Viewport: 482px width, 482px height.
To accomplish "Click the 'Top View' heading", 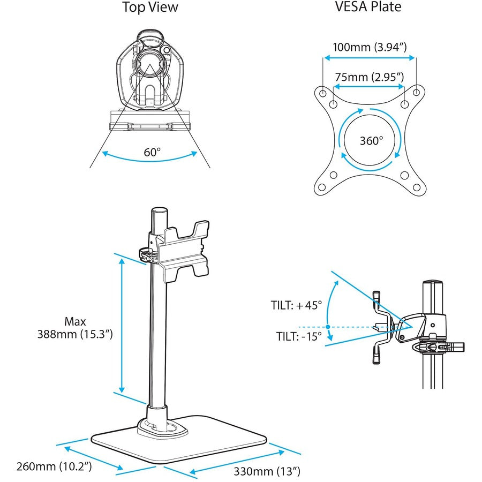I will click(x=150, y=7).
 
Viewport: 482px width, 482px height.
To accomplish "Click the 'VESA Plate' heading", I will click(x=368, y=7).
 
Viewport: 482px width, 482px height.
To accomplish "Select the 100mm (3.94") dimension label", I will click(x=369, y=47).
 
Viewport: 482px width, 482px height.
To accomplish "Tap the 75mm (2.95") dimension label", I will click(x=369, y=77).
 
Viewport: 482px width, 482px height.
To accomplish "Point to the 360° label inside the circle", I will click(x=371, y=141).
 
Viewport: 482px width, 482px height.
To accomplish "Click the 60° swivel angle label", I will click(x=152, y=152).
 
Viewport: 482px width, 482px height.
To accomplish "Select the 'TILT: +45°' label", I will click(x=296, y=306).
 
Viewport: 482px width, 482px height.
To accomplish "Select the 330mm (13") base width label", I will click(x=266, y=471).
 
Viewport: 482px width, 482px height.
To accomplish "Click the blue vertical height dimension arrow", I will click(x=122, y=327).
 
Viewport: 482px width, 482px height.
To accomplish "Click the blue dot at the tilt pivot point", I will click(x=327, y=327).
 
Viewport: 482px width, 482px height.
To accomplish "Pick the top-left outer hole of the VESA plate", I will click(x=323, y=92).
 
